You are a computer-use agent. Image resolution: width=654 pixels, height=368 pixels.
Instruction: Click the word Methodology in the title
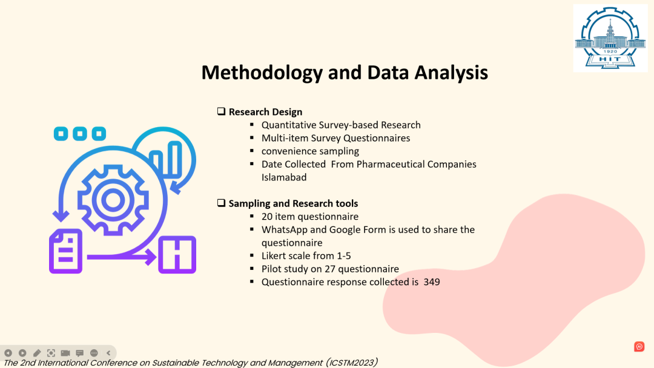[x=262, y=73]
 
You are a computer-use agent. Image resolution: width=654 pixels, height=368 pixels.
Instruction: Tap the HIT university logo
[x=610, y=38]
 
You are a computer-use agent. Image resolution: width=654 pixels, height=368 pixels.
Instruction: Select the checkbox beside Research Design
[x=221, y=111]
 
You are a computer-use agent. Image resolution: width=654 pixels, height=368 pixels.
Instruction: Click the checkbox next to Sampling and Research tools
[x=221, y=203]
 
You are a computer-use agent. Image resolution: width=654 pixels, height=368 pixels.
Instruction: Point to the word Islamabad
[x=284, y=177]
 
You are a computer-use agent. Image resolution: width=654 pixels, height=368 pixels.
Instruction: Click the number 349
[x=432, y=282]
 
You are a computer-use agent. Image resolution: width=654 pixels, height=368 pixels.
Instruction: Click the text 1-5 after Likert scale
[x=344, y=256]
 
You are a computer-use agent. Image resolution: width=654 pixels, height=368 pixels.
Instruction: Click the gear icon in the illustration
[x=113, y=200]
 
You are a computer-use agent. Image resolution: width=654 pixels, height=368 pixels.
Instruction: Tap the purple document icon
[x=66, y=251]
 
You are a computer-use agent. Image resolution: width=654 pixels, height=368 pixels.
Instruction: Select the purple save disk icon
[x=177, y=255]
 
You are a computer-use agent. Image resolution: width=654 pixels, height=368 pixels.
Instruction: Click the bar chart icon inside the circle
[x=166, y=159]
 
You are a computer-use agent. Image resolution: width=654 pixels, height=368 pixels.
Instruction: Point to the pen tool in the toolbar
[x=37, y=353]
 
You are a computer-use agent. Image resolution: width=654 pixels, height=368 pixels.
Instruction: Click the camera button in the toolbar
[x=65, y=353]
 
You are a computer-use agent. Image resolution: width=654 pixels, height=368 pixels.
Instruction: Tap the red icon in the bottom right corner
[x=639, y=346]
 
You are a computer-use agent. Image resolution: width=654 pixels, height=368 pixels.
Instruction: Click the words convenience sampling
[x=310, y=151]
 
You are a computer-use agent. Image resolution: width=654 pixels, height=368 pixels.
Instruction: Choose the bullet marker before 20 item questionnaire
[x=252, y=216]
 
